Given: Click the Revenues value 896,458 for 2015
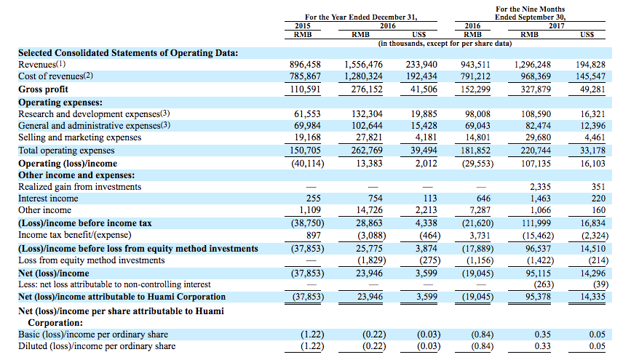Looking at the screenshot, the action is click(305, 65).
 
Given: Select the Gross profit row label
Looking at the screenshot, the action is click(43, 89).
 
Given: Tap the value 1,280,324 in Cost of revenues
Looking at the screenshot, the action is click(363, 76).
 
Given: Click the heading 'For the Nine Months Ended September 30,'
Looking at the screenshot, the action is click(530, 13).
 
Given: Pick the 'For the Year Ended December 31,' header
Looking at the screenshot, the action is click(361, 17).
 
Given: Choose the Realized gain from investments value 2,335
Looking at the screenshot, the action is click(540, 187).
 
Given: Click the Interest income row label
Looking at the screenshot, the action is click(48, 199).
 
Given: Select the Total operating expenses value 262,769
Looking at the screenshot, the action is click(367, 151).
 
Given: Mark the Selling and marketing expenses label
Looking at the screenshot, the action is click(80, 137).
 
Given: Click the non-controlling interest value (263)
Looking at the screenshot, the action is click(544, 284).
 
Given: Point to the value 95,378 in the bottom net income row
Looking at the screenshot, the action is click(538, 297).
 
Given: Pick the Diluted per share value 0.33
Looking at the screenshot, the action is click(542, 347).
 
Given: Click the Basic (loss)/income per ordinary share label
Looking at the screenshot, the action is click(93, 335).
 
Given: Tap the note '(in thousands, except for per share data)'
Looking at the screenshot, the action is click(445, 44).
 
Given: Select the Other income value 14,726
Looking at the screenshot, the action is click(369, 210).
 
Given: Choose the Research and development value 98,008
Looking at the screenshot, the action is click(477, 114).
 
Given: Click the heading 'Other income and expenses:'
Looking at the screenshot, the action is click(76, 175).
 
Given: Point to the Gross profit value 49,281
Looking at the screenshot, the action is click(592, 89).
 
